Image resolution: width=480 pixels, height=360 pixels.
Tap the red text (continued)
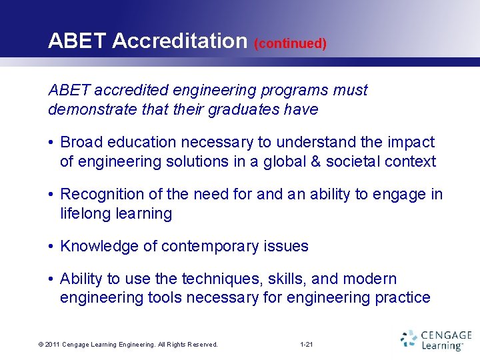(290, 44)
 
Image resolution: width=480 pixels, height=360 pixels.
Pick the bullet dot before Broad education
(51, 143)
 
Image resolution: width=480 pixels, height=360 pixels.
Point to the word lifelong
(85, 213)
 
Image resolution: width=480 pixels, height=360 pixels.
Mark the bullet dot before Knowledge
(51, 247)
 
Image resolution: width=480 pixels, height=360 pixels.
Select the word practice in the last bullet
(402, 297)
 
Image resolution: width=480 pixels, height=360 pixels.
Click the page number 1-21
(307, 345)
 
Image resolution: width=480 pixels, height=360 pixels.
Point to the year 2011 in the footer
(53, 345)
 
